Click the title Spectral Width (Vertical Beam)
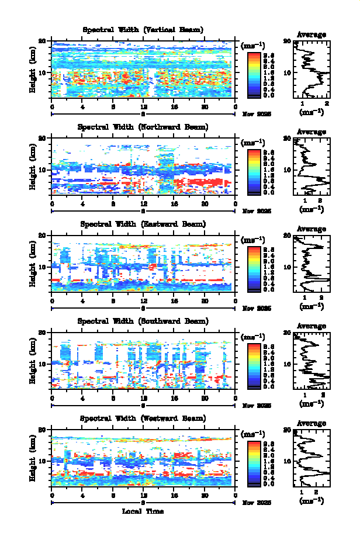(143, 30)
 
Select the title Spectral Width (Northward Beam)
(143, 127)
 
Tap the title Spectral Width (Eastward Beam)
(143, 224)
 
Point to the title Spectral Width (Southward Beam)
(143, 321)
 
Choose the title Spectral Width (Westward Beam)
(143, 418)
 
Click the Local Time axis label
(143, 511)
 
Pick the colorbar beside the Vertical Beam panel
(254, 74)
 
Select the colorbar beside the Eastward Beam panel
(254, 268)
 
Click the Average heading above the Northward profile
(311, 132)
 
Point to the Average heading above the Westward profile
(311, 423)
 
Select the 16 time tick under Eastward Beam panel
(174, 302)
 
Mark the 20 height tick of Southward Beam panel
(43, 332)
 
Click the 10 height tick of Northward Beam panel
(43, 170)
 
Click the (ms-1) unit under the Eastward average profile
(311, 306)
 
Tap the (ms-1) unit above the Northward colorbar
(254, 143)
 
